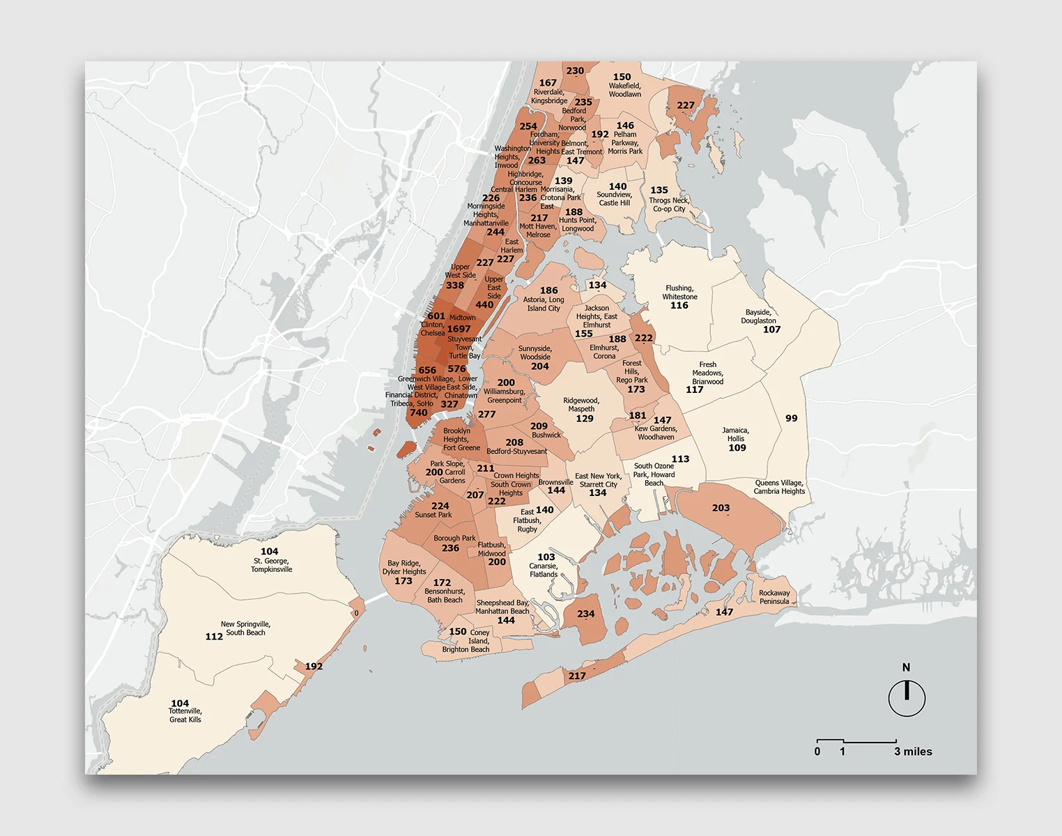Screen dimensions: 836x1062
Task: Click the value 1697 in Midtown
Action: [459, 329]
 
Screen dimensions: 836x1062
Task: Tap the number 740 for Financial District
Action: [418, 412]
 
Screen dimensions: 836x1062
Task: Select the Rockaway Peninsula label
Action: [774, 597]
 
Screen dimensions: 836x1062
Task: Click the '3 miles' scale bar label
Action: [913, 752]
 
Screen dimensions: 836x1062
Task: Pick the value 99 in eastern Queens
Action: [791, 418]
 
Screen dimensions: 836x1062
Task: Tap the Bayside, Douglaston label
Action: [758, 316]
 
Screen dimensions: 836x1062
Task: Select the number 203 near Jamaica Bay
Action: [721, 508]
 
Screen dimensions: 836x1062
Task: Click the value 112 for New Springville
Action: [214, 636]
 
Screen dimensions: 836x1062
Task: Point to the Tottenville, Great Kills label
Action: [185, 715]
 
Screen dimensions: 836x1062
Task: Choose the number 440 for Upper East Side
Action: [484, 304]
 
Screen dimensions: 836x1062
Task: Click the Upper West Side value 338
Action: [454, 285]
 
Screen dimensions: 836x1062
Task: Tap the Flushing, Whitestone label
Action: [679, 292]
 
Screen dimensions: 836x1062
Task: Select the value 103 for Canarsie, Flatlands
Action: [546, 557]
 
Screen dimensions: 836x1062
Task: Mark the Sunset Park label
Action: [433, 515]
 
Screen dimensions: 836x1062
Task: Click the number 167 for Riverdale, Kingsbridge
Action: [548, 82]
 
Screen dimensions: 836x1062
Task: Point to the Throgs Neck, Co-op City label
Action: [669, 204]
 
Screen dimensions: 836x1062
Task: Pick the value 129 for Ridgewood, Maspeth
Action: [585, 418]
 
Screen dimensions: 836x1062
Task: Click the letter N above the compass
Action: [906, 667]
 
